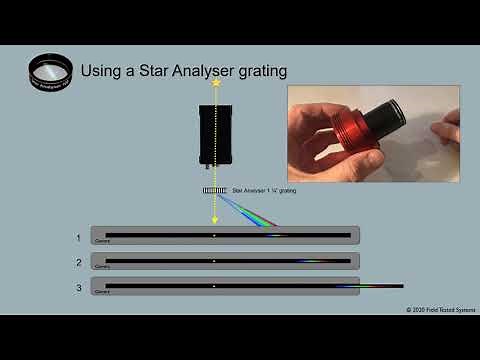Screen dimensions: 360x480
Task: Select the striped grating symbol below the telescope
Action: pos(214,189)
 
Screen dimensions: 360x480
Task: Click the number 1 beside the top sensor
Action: pos(78,238)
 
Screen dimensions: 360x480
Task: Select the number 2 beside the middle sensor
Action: pos(78,262)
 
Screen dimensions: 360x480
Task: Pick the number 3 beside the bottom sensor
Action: pos(78,288)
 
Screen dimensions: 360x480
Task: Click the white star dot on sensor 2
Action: pos(214,261)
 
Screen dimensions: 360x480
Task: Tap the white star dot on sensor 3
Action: pos(214,286)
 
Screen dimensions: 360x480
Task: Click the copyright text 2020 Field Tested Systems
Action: pos(437,310)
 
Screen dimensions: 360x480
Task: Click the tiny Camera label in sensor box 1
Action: pos(101,242)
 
